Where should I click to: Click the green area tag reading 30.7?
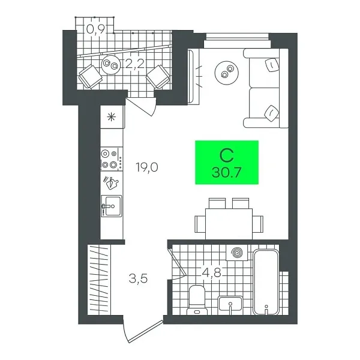click(227, 163)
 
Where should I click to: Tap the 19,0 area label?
click(146, 167)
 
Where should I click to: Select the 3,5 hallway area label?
click(139, 278)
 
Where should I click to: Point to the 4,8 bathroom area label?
click(211, 273)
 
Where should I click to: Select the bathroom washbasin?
click(232, 305)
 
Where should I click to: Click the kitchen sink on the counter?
click(111, 206)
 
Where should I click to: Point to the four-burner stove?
click(110, 158)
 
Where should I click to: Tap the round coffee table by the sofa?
click(226, 73)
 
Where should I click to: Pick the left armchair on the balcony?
click(91, 76)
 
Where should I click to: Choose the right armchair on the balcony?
click(158, 76)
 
